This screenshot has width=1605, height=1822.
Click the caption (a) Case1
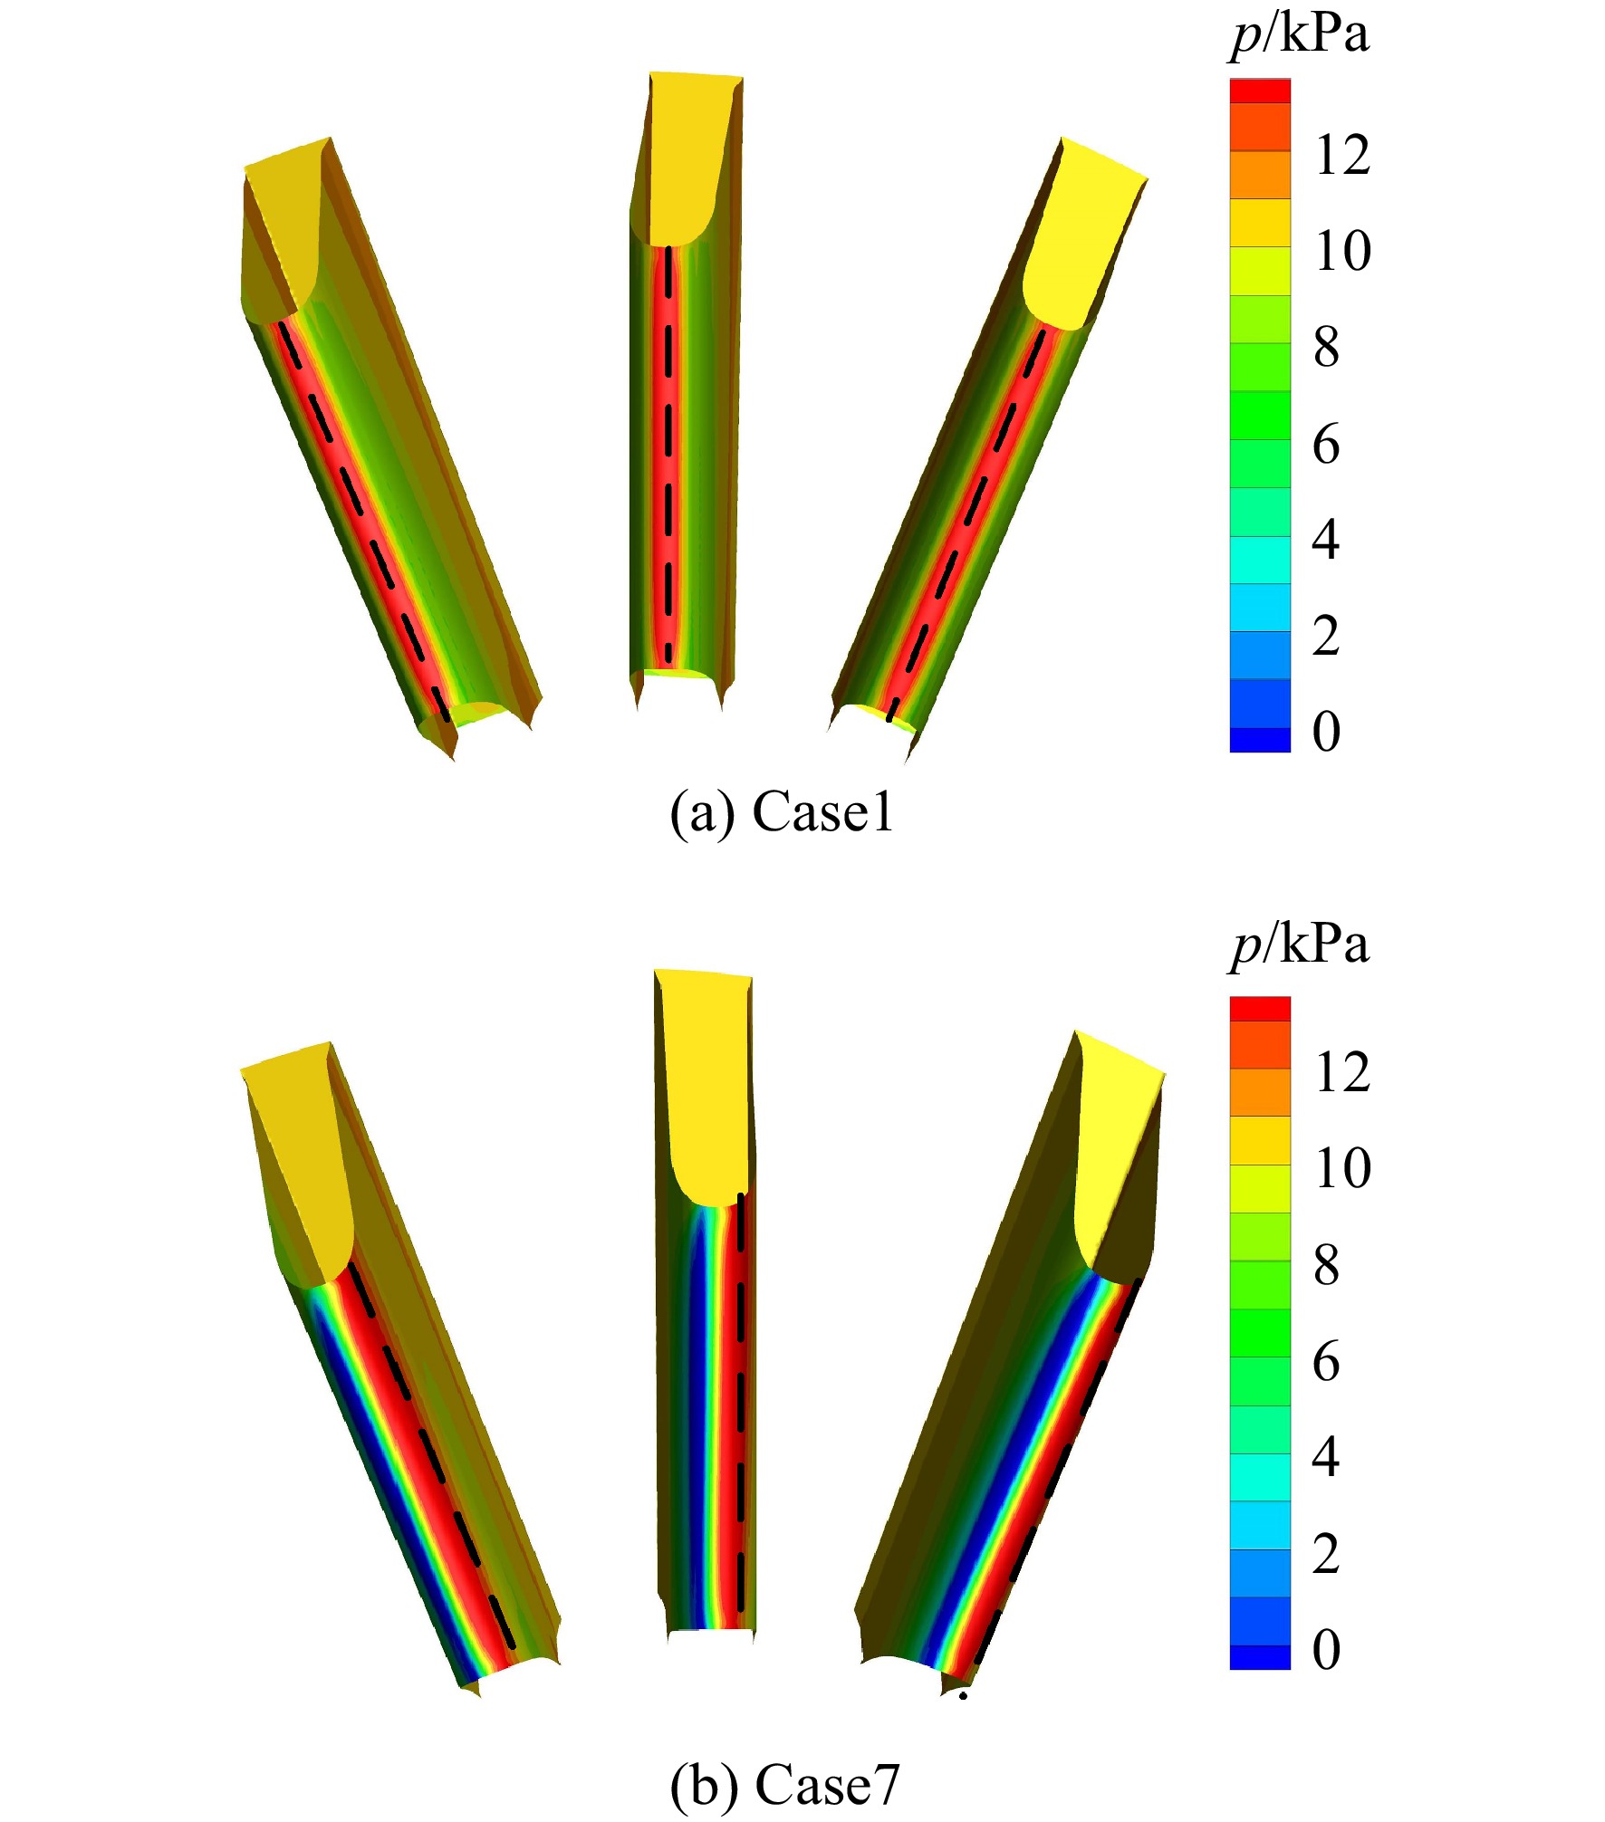(782, 812)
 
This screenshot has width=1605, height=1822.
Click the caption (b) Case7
(784, 1785)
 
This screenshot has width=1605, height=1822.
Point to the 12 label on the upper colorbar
(1343, 155)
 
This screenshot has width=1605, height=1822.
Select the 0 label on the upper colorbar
(1327, 732)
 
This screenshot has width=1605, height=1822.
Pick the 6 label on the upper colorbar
(1327, 444)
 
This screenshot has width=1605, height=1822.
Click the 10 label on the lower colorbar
(1343, 1168)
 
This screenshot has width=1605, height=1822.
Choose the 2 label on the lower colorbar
(1327, 1554)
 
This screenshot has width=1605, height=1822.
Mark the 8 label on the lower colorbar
(1327, 1265)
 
